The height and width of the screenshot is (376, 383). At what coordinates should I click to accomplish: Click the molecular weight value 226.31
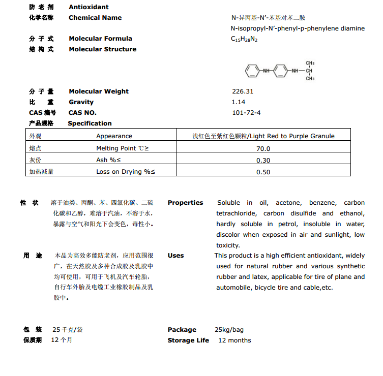242,91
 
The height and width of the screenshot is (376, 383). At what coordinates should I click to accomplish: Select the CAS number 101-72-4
246,112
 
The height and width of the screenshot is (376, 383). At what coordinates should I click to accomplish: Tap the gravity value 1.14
238,102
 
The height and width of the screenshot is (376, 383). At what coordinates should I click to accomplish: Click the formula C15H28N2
244,39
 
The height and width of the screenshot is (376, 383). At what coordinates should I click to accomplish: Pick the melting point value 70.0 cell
263,149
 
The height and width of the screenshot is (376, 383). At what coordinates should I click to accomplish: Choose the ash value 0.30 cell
263,161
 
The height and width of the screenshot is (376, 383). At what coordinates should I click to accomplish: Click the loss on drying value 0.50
263,172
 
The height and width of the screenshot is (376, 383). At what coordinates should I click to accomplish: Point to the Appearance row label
114,136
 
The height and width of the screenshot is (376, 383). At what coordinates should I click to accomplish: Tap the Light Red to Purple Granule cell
263,136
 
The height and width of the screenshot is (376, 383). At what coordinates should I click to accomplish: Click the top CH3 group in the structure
310,63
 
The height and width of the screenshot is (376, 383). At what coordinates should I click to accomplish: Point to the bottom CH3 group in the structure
310,79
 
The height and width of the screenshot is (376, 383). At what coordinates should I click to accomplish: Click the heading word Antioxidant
89,7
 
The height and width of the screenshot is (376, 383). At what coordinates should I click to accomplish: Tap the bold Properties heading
185,202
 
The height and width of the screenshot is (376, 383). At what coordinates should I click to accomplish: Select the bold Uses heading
175,256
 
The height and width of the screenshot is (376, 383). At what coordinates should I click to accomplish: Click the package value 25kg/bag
229,330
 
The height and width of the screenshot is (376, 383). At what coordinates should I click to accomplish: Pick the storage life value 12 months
234,340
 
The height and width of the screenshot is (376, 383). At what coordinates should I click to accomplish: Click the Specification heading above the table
90,123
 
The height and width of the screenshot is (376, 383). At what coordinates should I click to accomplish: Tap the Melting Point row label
123,148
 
